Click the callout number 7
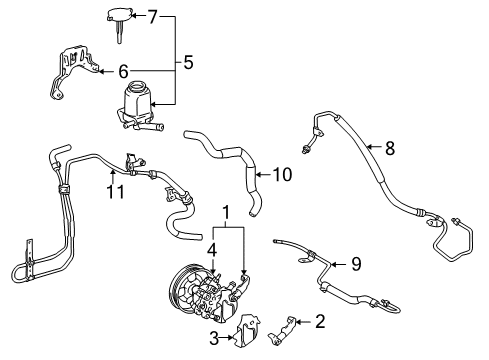point(154,17)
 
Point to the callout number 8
point(389,148)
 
